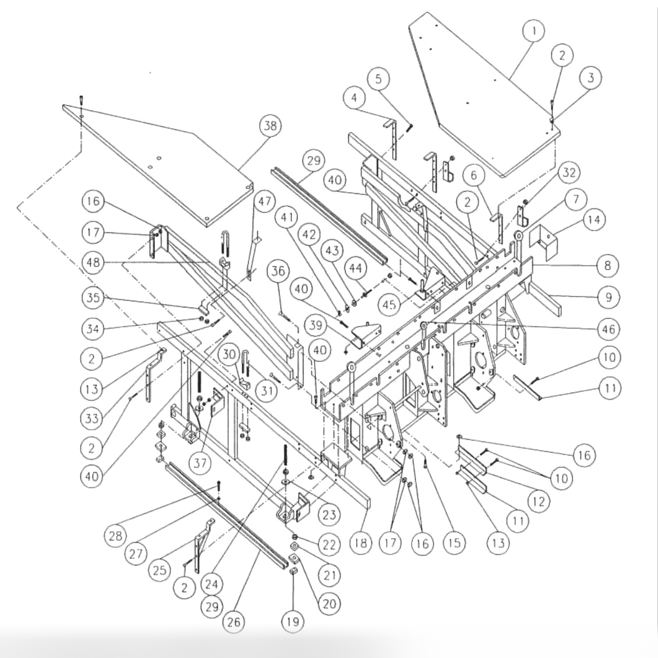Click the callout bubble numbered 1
click(533, 31)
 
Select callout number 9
click(607, 297)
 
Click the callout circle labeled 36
click(280, 271)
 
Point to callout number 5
click(378, 79)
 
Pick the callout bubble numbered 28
click(117, 535)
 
